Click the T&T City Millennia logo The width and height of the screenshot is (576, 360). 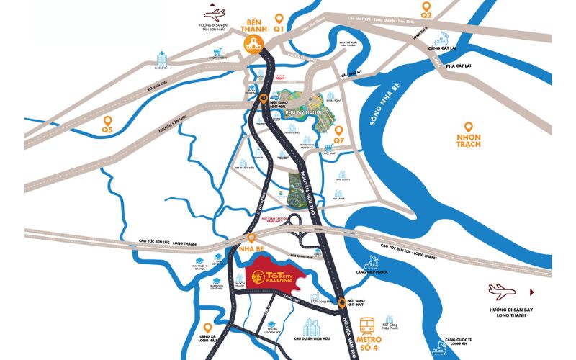click(x=276, y=274)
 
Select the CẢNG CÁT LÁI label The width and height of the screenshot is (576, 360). click(x=442, y=48)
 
